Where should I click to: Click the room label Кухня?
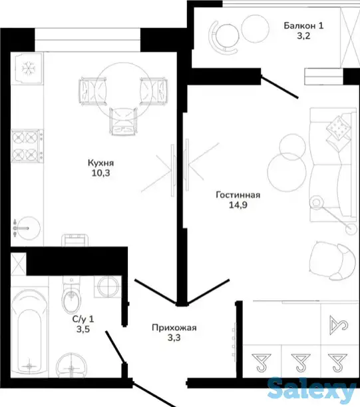[100, 163]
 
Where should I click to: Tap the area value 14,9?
[238, 205]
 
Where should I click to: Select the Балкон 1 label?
[303, 26]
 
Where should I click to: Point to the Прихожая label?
[174, 328]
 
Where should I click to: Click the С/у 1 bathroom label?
[83, 319]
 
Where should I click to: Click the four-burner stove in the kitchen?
[27, 146]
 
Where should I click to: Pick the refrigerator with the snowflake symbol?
[27, 68]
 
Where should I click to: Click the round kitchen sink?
[28, 228]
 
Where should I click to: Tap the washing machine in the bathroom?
[107, 286]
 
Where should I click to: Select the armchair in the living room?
[333, 261]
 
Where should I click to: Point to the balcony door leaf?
[279, 87]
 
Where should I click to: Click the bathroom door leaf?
[116, 347]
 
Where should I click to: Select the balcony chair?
[224, 37]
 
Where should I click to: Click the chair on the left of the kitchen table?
[92, 91]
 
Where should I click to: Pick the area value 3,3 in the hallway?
[174, 338]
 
